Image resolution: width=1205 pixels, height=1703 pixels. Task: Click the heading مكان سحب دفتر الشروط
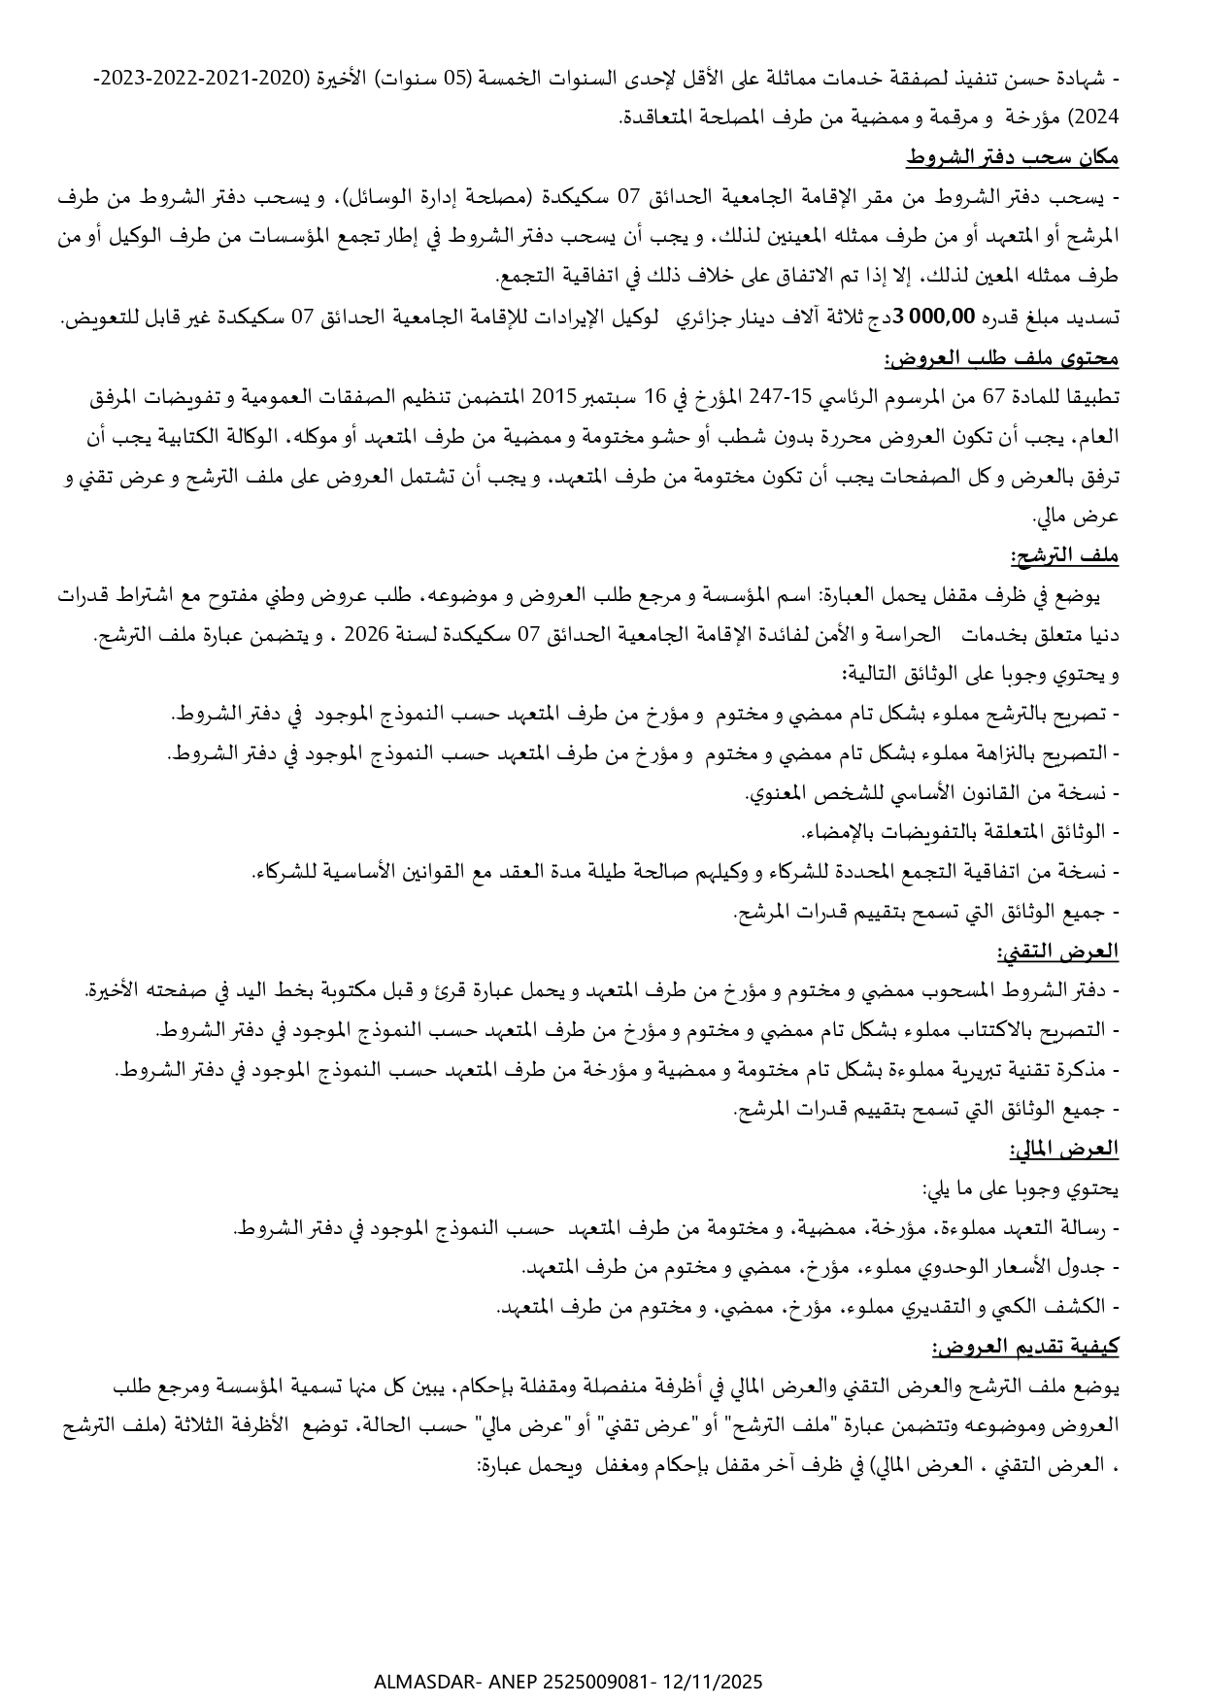(1013, 157)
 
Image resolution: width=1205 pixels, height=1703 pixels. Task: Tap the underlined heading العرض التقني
(1058, 952)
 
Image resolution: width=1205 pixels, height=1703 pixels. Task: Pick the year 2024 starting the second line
(1101, 117)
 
